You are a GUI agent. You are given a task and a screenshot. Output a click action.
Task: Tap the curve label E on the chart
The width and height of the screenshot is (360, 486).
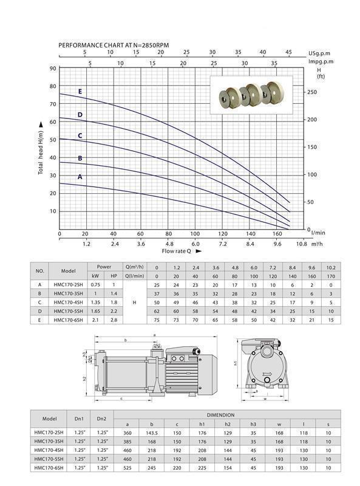[80, 92]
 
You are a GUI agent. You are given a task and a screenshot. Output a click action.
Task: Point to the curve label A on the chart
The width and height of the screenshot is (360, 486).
[80, 177]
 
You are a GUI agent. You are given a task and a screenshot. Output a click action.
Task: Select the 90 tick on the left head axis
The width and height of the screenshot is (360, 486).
[53, 69]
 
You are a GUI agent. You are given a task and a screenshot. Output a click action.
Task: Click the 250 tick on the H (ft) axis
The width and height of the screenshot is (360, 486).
[312, 92]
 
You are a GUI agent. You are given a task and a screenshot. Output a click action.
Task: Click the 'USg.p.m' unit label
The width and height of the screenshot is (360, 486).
[321, 53]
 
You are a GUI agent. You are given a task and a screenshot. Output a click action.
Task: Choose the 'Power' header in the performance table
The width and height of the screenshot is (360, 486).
[104, 266]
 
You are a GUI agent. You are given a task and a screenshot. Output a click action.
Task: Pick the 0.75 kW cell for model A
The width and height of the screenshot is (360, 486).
[95, 284]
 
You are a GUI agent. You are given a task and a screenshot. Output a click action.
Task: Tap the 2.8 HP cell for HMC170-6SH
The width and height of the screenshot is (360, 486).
[113, 320]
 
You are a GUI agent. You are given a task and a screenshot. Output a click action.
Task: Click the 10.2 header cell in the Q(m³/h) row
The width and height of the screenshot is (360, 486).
[330, 267]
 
